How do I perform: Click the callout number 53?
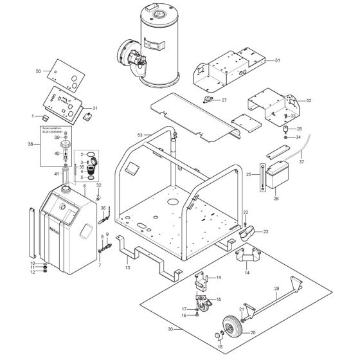pos(139,135)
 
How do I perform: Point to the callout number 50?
pos(38,71)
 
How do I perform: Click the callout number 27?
pos(224,100)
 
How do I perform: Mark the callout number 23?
pos(265,231)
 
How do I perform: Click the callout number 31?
pos(94,108)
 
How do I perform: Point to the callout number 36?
pos(102,208)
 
